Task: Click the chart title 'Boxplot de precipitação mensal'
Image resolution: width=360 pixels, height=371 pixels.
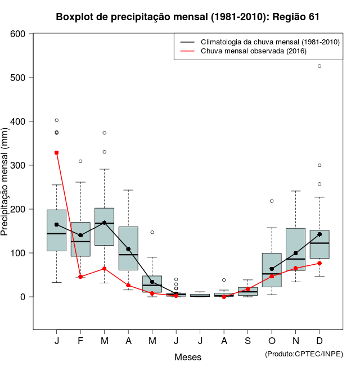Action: point(187,17)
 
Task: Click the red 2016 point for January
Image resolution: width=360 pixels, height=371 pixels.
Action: point(56,152)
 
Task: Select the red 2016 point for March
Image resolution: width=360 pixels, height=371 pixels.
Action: point(104,269)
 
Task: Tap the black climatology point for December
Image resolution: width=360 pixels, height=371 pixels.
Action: point(319,234)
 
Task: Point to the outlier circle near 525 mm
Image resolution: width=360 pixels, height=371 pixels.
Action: point(319,66)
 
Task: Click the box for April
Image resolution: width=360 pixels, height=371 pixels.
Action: point(128,248)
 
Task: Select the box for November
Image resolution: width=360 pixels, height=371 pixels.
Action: point(295,249)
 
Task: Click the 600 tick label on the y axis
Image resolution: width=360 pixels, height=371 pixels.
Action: point(18,34)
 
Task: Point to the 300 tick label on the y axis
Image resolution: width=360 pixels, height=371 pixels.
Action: point(18,165)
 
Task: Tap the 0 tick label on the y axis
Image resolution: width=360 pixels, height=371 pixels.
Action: point(24,297)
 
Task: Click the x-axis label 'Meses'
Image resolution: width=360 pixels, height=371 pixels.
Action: point(188,357)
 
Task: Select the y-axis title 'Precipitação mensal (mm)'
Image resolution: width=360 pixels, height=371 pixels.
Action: point(5,185)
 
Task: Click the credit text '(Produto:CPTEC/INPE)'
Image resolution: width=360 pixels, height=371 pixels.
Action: point(304,354)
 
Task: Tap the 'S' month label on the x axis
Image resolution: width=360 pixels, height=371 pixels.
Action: point(248,342)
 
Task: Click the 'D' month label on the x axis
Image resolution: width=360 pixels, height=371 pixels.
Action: point(319,342)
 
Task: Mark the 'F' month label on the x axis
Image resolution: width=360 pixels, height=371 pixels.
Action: point(80,342)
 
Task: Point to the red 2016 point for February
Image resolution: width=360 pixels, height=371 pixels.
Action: point(80,277)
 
